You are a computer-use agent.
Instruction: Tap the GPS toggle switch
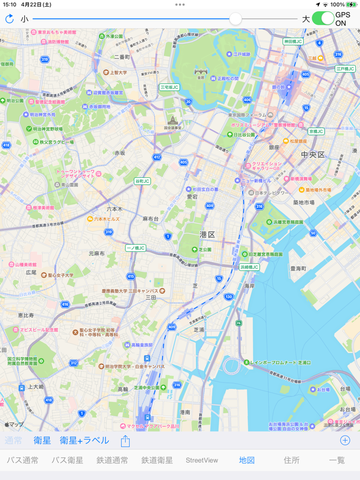tap(323, 19)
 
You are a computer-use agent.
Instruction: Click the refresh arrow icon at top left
tap(9, 19)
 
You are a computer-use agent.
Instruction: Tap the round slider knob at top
tap(236, 19)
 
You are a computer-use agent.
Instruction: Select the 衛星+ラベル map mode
tap(84, 440)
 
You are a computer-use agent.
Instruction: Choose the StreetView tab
tap(202, 460)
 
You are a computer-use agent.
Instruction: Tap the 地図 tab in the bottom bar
tap(247, 460)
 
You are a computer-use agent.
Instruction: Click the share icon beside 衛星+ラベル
tap(125, 441)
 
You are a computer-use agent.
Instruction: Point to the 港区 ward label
tap(207, 234)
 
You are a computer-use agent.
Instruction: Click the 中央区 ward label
tap(313, 155)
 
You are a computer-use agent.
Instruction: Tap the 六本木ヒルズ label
tap(106, 219)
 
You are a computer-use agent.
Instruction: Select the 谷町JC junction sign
tap(142, 181)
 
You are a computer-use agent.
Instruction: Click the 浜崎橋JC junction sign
tap(249, 267)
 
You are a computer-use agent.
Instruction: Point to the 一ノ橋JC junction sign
tap(136, 248)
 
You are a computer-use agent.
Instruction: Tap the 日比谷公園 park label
tap(244, 135)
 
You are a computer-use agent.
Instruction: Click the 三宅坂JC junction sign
tap(169, 87)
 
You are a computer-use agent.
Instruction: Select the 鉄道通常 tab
tap(112, 460)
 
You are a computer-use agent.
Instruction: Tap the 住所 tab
tap(292, 460)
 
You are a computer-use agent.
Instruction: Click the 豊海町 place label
tap(298, 268)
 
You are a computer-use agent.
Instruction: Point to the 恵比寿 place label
tap(26, 315)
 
